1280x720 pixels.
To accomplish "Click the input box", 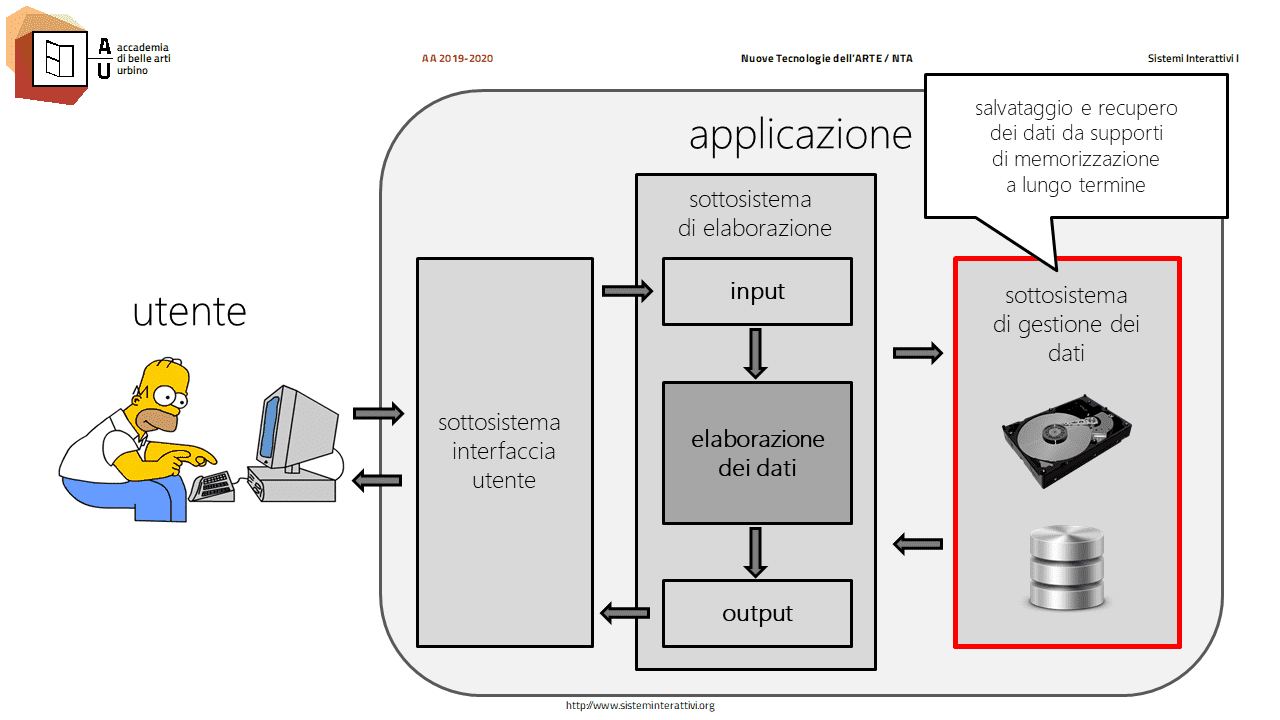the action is [x=757, y=291].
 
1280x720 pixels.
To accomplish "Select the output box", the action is [x=757, y=614].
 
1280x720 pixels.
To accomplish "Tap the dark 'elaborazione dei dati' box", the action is [x=757, y=453].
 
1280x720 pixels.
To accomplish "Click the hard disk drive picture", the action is [x=1066, y=441].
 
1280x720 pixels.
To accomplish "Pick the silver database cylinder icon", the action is [x=1066, y=567].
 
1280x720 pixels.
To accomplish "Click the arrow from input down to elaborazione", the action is [x=755, y=353].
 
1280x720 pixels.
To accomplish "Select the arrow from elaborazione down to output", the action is [x=755, y=552].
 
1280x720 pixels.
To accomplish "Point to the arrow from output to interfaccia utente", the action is [x=625, y=614].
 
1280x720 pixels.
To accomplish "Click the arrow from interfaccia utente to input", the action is [x=627, y=291].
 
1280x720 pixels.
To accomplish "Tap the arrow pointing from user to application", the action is [x=378, y=413].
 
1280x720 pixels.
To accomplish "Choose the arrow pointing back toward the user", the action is [x=377, y=481].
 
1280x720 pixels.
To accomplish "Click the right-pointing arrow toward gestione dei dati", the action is [x=918, y=353].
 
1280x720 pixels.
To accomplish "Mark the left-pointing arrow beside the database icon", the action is [x=918, y=544].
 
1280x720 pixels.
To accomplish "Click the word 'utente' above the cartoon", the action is [x=190, y=311].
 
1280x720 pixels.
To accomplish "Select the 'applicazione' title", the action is [x=800, y=136].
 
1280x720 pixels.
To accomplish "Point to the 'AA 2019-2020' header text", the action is [x=457, y=58].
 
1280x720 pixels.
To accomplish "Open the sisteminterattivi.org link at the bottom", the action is [x=640, y=706].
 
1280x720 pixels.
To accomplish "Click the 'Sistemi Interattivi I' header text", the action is [x=1193, y=58].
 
